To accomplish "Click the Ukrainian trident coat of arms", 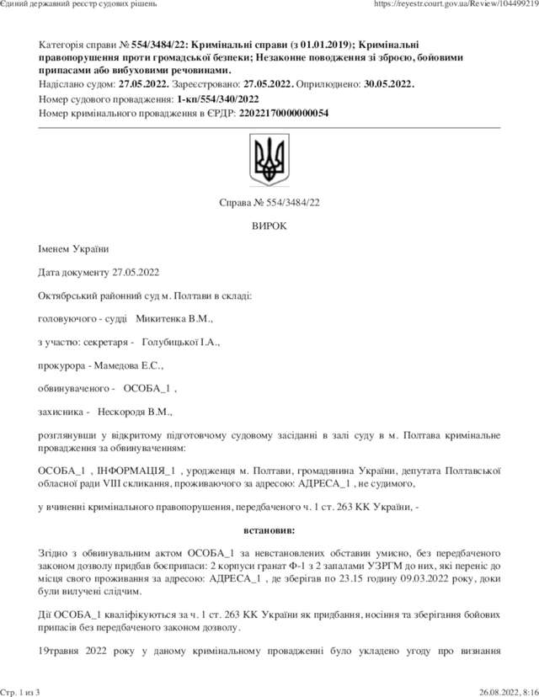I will coord(269,161).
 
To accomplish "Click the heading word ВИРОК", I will coord(269,226).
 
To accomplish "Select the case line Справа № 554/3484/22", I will coord(269,203).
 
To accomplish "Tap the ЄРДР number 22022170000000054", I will coord(284,113).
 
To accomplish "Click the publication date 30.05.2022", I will coord(387,84).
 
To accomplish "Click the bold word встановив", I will coord(269,531).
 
